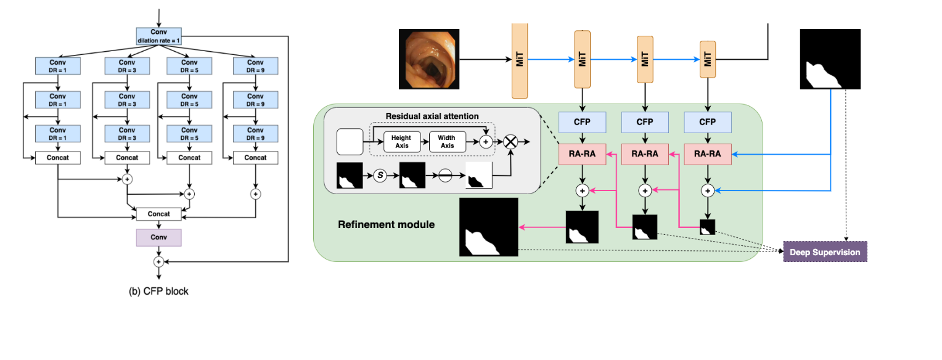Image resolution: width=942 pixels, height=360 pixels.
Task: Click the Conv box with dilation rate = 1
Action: [158, 36]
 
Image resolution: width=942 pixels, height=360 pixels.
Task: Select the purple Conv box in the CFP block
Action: [158, 237]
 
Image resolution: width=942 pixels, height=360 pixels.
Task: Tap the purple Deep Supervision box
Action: [825, 252]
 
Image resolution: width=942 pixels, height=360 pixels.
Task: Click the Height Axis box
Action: [401, 141]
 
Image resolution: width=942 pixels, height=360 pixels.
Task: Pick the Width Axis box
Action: [447, 141]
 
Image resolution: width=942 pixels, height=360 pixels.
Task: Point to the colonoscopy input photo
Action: [428, 59]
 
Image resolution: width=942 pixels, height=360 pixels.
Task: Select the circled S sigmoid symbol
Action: [380, 175]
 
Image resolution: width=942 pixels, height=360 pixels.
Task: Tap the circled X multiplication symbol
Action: [510, 142]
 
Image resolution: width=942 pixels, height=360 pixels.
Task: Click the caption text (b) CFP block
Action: [158, 291]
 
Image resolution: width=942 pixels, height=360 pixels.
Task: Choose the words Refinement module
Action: [386, 224]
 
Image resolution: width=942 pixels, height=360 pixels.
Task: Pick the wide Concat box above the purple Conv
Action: [158, 214]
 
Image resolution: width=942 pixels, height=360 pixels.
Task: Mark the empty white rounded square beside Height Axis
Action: [350, 142]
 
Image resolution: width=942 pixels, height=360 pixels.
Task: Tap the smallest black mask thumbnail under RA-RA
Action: [707, 227]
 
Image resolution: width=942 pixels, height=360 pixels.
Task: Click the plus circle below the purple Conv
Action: [158, 261]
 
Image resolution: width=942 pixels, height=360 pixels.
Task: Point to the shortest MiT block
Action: [708, 59]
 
